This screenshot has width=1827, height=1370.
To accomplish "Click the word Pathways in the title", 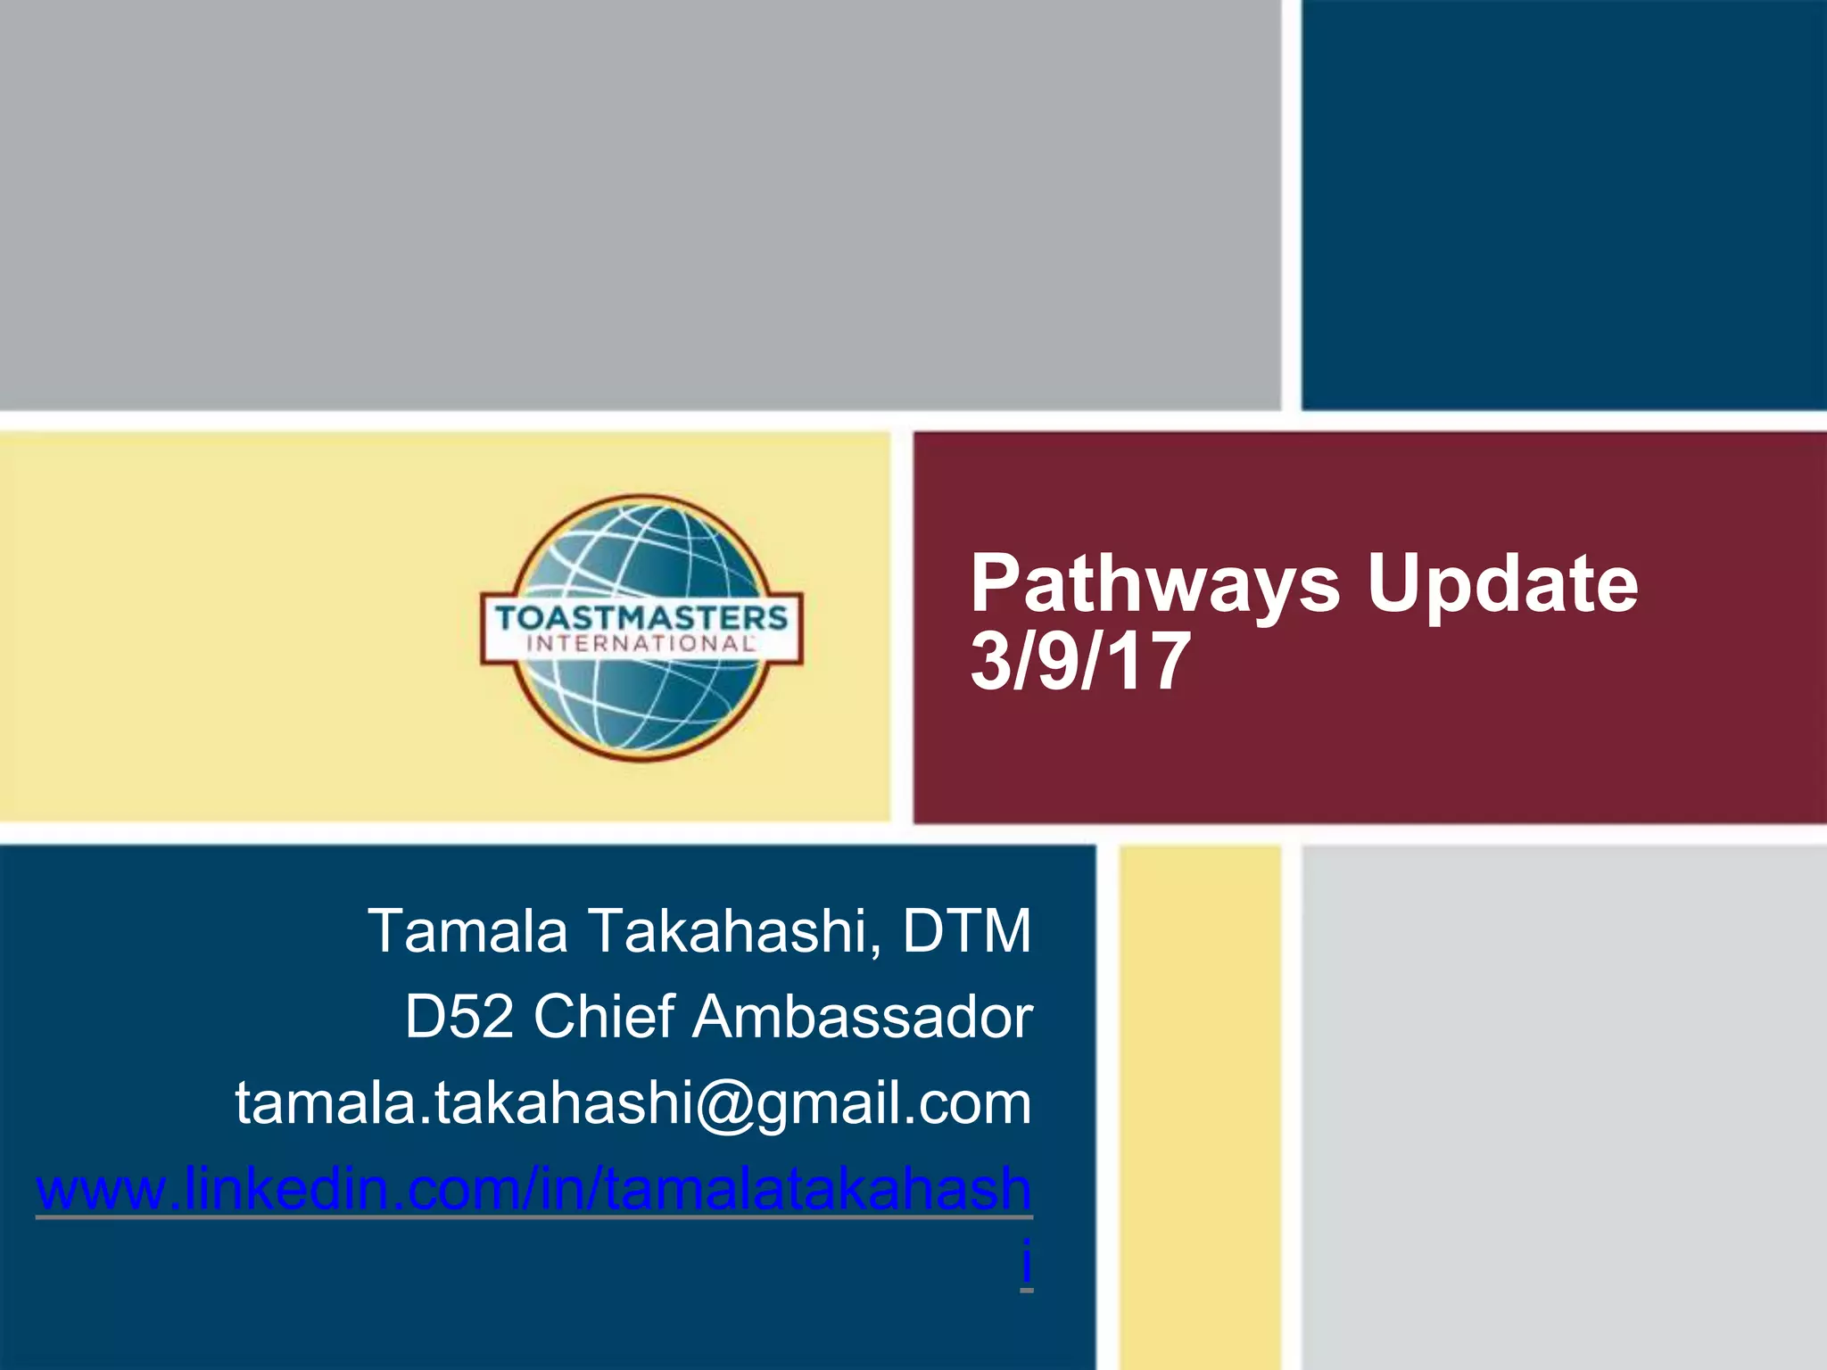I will coord(1154,585).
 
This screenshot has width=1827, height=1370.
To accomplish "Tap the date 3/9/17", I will coord(1080,662).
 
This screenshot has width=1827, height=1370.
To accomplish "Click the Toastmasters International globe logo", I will coord(641,627).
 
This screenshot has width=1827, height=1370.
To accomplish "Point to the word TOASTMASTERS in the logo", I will coord(641,617).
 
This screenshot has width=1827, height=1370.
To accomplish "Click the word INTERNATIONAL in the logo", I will coord(641,644).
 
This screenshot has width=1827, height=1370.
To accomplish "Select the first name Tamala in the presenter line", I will coord(467,931).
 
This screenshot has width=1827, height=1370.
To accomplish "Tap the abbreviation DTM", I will coord(967,931).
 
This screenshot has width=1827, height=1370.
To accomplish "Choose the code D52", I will coord(459,1017).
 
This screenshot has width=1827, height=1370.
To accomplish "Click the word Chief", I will coord(603,1017).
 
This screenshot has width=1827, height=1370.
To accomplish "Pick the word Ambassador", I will coord(863,1017).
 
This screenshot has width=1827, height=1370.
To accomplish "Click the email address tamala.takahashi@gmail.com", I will coord(633,1103).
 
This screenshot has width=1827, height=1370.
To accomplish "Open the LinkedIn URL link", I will coord(533,1189).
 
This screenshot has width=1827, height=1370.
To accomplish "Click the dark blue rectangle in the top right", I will coord(1563,205).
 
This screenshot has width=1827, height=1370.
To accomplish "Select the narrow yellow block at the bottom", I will coord(1200,1106).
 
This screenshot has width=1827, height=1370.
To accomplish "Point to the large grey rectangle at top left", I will coord(639,205).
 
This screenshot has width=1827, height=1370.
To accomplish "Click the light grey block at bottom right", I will coord(1563,1106).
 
